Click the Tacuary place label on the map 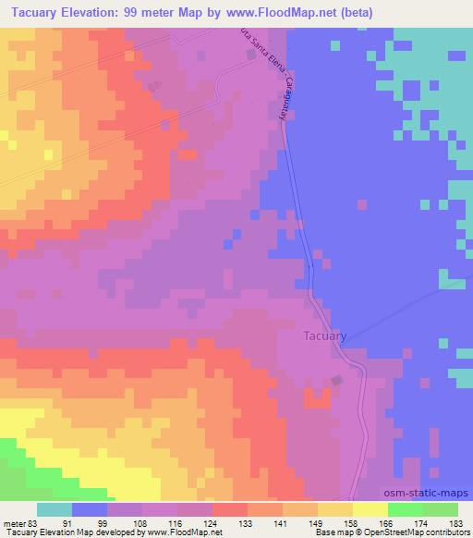pyautogui.click(x=325, y=336)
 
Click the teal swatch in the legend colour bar pyautogui.click(x=55, y=509)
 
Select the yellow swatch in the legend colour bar pyautogui.click(x=370, y=509)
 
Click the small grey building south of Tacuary pyautogui.click(x=337, y=379)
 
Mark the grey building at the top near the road pyautogui.click(x=251, y=55)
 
